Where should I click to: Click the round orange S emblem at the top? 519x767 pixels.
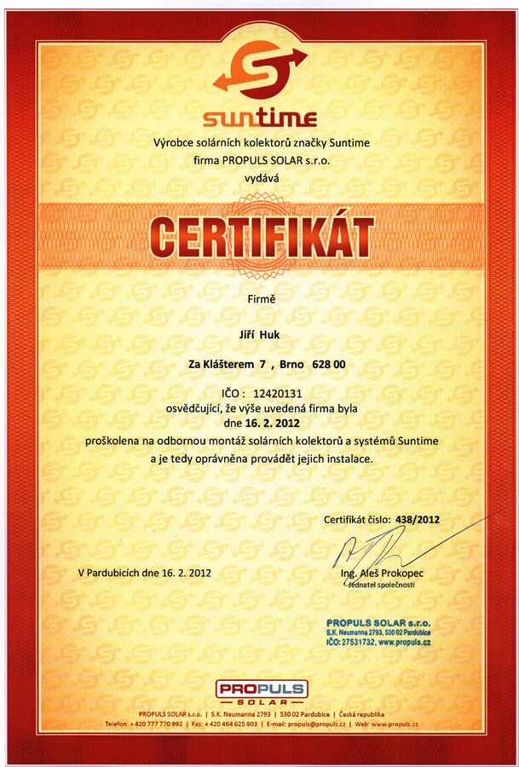(x=259, y=69)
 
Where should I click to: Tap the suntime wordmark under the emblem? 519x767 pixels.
(x=259, y=118)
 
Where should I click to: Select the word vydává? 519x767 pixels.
(x=261, y=177)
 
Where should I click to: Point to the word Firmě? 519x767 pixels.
(x=260, y=298)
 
